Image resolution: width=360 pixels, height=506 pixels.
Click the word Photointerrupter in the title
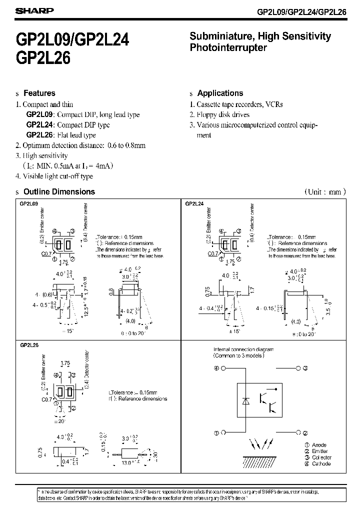(x=228, y=48)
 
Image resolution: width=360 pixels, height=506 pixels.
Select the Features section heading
(x=39, y=93)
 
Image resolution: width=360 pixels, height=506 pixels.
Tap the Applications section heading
(x=220, y=93)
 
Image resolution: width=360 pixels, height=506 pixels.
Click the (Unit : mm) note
(x=324, y=191)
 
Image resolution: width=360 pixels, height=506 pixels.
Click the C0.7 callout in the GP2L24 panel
(x=212, y=253)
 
